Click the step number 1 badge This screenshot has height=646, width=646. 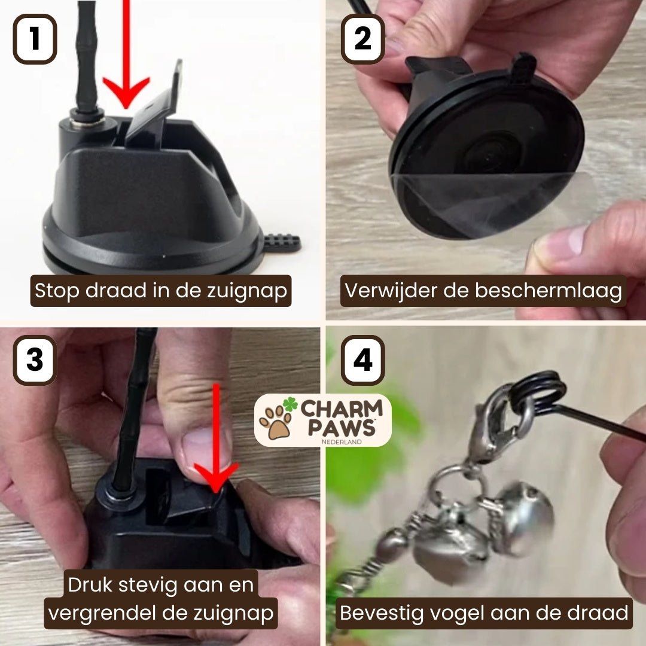coord(35,39)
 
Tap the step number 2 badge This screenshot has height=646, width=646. coord(362,39)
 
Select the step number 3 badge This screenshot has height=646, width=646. coord(35,359)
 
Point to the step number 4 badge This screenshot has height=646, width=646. coord(362,359)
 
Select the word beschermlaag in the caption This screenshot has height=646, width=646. coord(548,291)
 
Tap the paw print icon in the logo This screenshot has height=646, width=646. coord(276,422)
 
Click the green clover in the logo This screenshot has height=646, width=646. coord(290,404)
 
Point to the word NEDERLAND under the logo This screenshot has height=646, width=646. coord(342,441)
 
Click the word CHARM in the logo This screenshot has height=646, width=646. coord(342,409)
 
